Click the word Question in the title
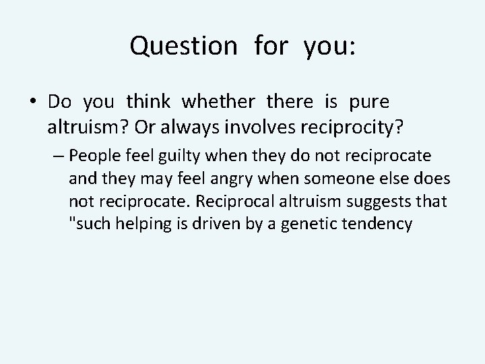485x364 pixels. [x=183, y=46]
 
